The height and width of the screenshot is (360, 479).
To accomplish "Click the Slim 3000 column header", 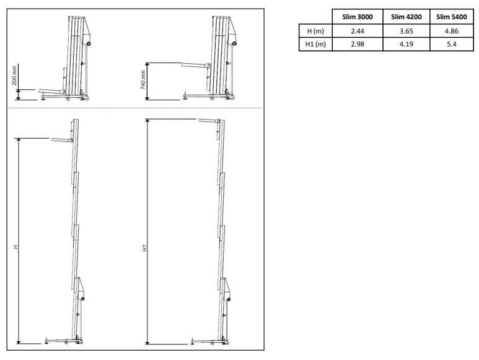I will [x=358, y=17].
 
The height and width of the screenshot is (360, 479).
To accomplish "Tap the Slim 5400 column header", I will [x=451, y=17].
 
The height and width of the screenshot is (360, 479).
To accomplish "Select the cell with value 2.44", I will [x=358, y=31].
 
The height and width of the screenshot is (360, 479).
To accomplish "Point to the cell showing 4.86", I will [x=451, y=31].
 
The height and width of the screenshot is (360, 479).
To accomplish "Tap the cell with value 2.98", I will [x=358, y=44].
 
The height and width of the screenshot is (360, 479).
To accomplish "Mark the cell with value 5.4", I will [x=451, y=44].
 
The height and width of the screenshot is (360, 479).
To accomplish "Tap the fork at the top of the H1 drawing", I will [x=209, y=120].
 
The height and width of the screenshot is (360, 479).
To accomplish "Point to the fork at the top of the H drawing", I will [x=62, y=140].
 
